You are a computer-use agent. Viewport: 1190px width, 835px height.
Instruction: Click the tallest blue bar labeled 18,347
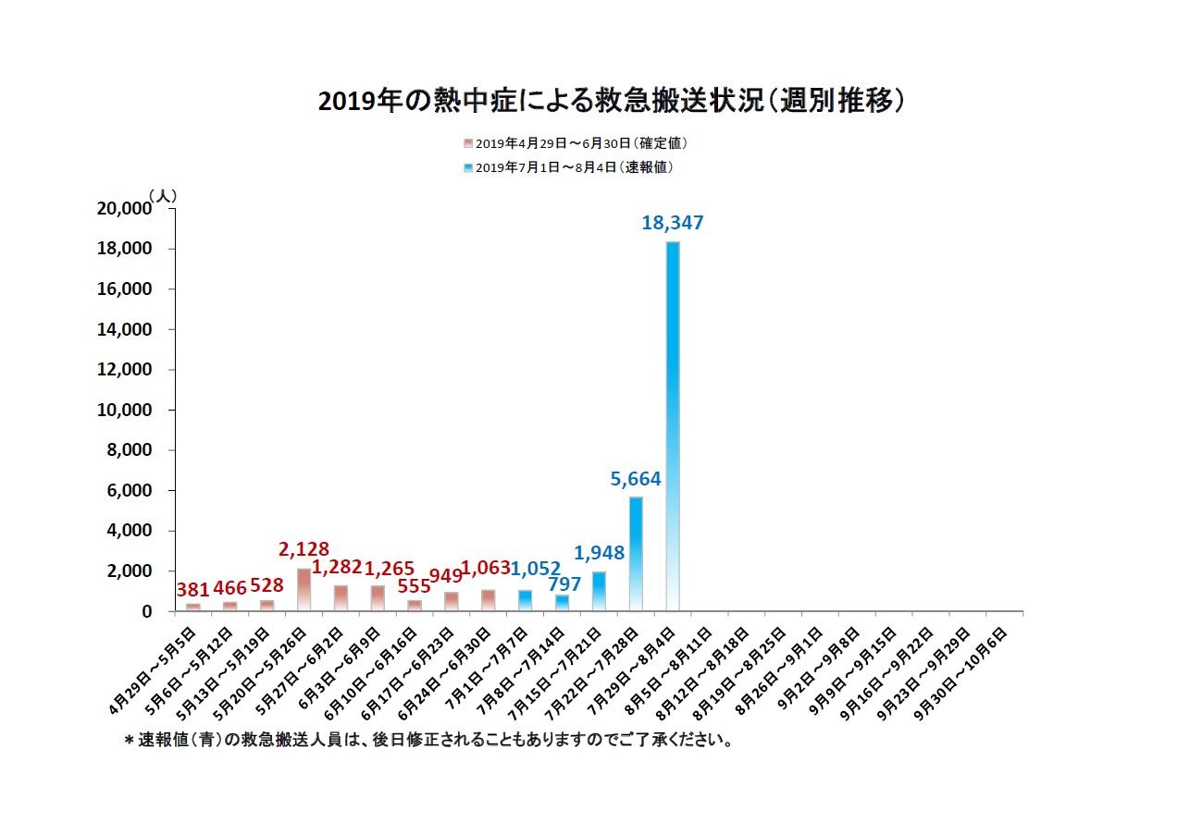[673, 425]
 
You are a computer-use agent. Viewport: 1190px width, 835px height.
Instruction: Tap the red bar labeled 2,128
[304, 589]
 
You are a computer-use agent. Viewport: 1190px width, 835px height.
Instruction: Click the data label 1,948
[600, 553]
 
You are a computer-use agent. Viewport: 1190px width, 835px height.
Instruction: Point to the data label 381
[192, 590]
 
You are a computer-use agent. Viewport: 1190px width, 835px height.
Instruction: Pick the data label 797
[564, 583]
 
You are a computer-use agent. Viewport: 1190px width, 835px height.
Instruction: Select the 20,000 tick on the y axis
[123, 209]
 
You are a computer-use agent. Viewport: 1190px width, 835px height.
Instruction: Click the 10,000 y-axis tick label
[123, 411]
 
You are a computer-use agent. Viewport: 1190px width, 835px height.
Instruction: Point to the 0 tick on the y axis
[145, 612]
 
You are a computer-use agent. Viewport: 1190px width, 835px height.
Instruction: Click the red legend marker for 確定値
[468, 143]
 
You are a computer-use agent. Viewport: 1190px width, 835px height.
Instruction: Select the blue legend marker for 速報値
[468, 167]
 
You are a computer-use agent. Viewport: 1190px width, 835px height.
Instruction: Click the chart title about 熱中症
[611, 101]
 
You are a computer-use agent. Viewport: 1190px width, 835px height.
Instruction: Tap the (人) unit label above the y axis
[162, 196]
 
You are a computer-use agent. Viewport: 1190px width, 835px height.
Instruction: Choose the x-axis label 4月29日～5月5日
[152, 668]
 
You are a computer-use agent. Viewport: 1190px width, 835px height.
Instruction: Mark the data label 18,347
[673, 223]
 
